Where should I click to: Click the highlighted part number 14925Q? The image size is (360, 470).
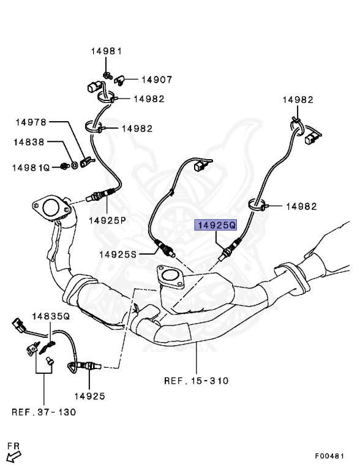tap(216, 225)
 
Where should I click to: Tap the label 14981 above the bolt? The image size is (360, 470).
tap(108, 51)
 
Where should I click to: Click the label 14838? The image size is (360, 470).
tap(29, 142)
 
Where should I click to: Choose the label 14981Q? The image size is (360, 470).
tap(32, 166)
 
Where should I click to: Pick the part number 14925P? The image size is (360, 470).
tap(107, 219)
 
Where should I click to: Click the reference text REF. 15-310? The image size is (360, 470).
tap(196, 381)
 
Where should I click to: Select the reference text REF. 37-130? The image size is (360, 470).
tap(44, 411)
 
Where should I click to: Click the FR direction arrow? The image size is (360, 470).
tap(13, 455)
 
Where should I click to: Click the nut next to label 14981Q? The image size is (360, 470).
tap(64, 165)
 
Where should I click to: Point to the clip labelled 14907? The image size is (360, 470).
tap(120, 79)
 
